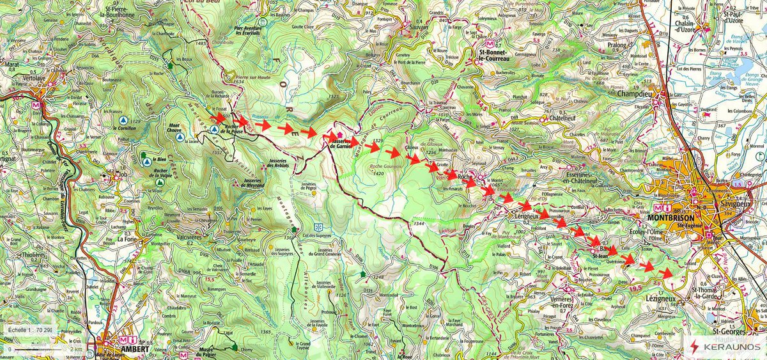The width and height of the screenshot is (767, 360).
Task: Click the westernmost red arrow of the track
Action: (219, 118)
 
